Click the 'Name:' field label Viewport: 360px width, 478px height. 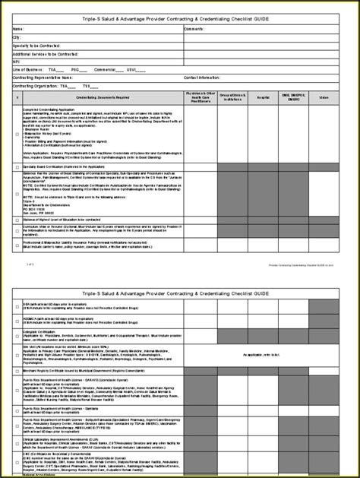click(x=18, y=28)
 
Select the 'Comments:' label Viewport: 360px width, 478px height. click(x=194, y=28)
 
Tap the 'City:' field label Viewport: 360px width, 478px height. click(x=17, y=36)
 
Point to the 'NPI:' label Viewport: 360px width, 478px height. click(x=17, y=61)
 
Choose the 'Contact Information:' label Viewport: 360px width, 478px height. click(x=201, y=77)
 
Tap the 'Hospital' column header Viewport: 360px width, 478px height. click(x=264, y=98)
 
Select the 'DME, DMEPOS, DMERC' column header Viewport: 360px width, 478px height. click(x=294, y=98)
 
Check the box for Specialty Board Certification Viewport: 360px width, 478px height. click(x=17, y=166)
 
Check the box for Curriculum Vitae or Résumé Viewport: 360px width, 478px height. click(x=17, y=229)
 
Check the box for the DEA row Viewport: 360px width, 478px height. click(x=17, y=306)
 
